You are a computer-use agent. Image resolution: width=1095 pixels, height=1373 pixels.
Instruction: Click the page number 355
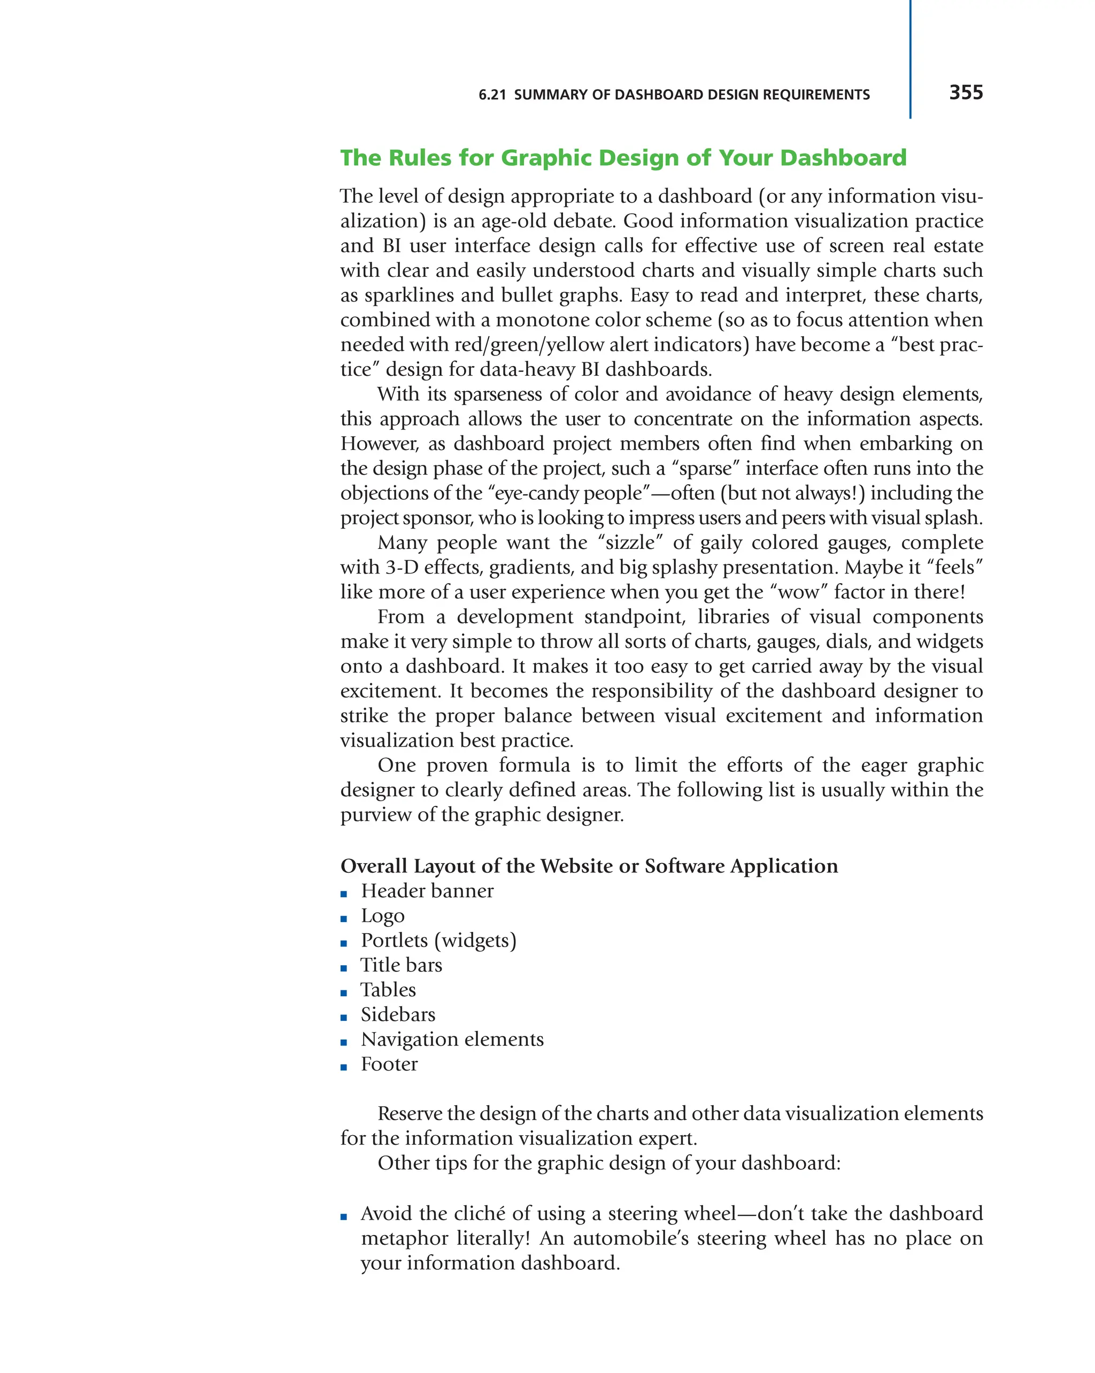pyautogui.click(x=965, y=92)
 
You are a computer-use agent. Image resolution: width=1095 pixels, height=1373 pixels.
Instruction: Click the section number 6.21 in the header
pyautogui.click(x=492, y=95)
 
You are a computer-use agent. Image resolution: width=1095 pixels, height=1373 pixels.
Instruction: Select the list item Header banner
pyautogui.click(x=427, y=890)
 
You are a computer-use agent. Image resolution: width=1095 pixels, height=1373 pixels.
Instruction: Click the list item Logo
pyautogui.click(x=382, y=915)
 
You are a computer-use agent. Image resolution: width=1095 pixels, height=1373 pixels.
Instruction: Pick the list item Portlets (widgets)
pyautogui.click(x=438, y=940)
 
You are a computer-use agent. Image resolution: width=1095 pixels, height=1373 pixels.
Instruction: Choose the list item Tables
pyautogui.click(x=388, y=990)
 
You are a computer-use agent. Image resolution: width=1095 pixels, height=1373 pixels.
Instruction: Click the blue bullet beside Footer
pyautogui.click(x=344, y=1067)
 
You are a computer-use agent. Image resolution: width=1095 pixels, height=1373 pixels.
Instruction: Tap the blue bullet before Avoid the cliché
pyautogui.click(x=344, y=1216)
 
